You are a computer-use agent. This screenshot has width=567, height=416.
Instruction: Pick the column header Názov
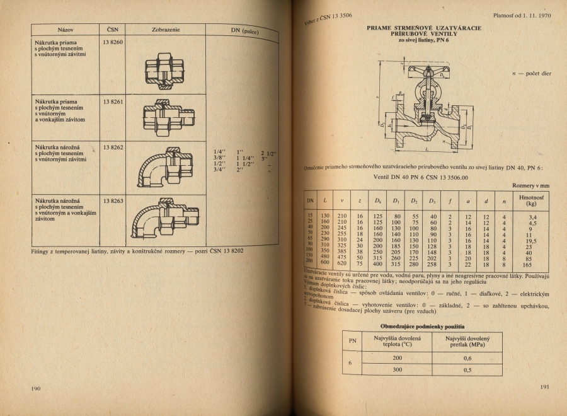pos(65,29)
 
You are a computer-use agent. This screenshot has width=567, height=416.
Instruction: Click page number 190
pos(36,388)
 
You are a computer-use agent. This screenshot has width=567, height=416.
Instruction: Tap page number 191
pos(545,387)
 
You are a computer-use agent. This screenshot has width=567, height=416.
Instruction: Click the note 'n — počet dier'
pos(533,74)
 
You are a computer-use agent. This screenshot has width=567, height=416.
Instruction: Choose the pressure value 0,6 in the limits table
pos(467,358)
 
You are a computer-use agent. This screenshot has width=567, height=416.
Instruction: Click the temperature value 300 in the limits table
pos(398,369)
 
